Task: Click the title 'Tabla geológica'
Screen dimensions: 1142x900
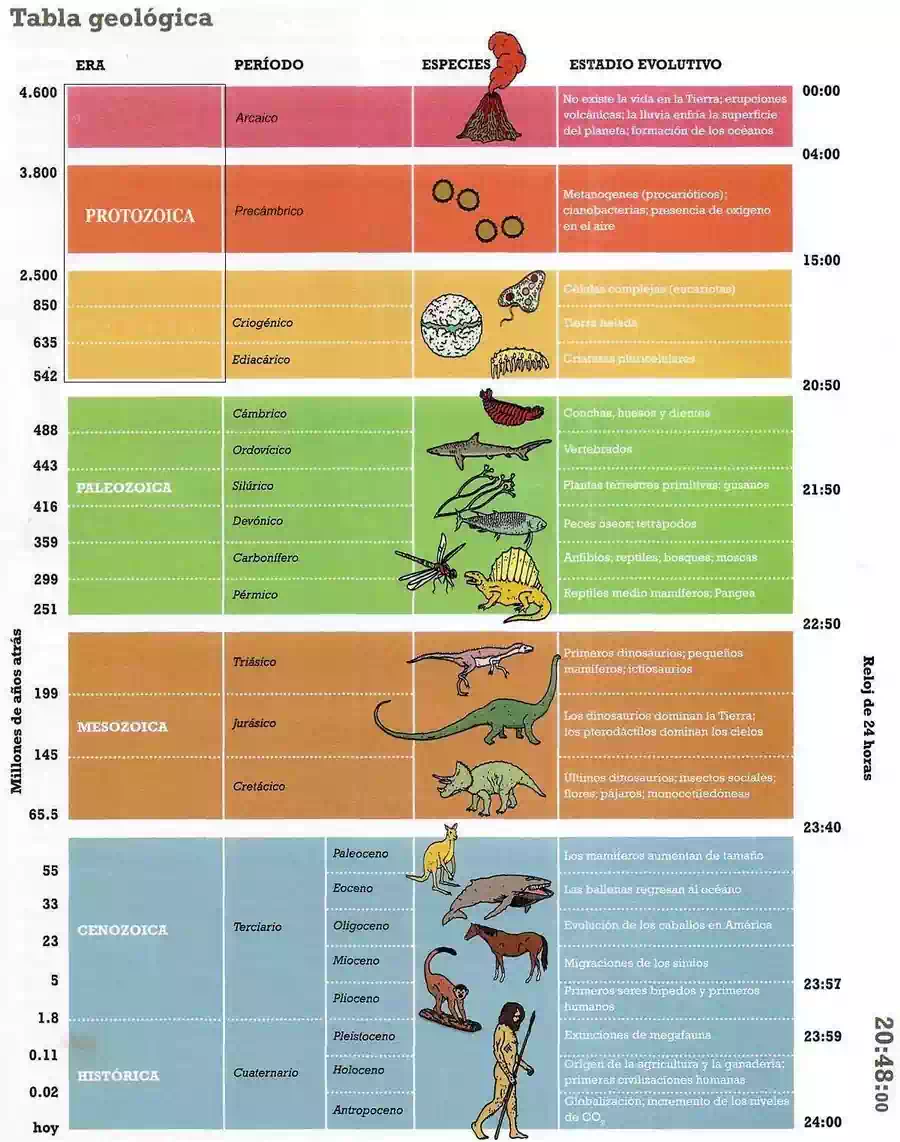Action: [x=111, y=19]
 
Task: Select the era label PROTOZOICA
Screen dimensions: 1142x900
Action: [x=140, y=216]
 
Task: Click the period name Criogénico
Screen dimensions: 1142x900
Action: [x=262, y=323]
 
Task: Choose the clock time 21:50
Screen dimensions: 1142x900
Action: [x=821, y=490]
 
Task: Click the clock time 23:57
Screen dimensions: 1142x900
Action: [x=822, y=984]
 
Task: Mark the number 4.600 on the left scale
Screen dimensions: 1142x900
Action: [x=38, y=93]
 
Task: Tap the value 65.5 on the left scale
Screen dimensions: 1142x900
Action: [x=42, y=815]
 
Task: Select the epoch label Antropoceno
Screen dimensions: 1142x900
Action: [x=367, y=1110]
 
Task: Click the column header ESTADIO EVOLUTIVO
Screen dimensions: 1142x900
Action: [x=645, y=65]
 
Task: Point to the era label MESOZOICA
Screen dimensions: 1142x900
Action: [x=122, y=727]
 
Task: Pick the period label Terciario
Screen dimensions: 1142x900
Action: [x=257, y=927]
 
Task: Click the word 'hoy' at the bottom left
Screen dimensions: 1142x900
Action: [x=46, y=1127]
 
